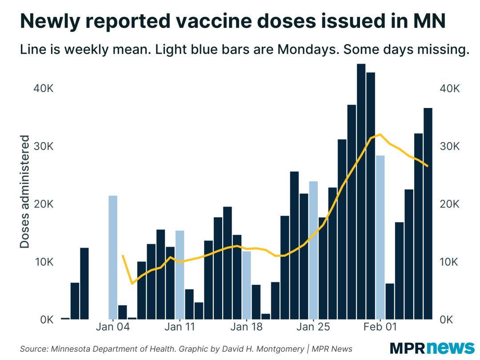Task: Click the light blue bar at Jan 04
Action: click(113, 257)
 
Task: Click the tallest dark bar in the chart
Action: click(361, 192)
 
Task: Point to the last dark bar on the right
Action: click(428, 213)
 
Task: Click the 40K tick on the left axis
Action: click(44, 88)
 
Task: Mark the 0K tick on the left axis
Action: click(46, 320)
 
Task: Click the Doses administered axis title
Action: click(25, 192)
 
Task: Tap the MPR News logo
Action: click(432, 348)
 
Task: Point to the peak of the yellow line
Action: click(380, 134)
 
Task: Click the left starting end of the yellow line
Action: click(122, 256)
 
